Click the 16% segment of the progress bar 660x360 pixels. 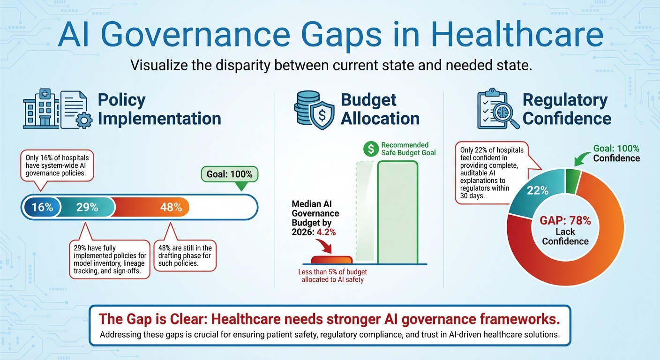[42, 207]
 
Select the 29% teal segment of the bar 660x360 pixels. [87, 207]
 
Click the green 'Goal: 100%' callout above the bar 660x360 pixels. [229, 175]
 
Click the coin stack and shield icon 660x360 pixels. [312, 110]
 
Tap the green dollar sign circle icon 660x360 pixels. [371, 149]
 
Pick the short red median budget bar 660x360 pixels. [332, 260]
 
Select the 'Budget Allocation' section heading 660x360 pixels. [380, 109]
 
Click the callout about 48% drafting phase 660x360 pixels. [185, 256]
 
